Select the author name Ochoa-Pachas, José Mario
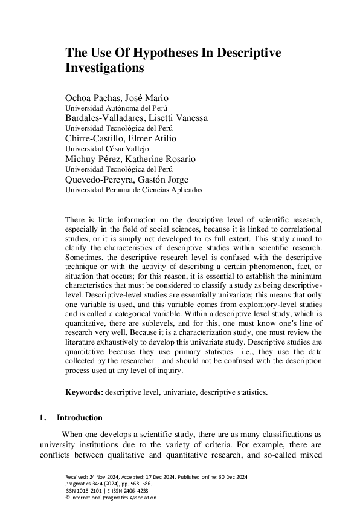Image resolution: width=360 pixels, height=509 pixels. (x=117, y=98)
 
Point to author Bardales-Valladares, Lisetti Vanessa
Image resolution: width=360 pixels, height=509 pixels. (x=136, y=118)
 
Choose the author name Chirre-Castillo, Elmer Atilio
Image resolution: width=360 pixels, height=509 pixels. (x=120, y=138)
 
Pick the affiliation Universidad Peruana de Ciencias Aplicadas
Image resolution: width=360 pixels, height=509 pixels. (x=133, y=189)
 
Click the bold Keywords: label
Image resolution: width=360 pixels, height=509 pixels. (x=85, y=392)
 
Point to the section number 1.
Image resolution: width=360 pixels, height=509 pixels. (x=42, y=417)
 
